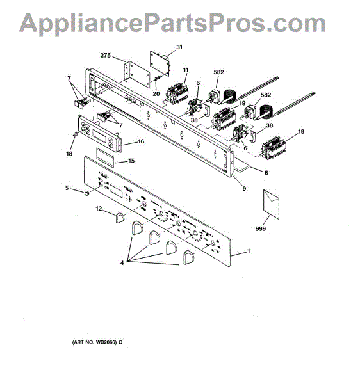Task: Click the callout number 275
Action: (106, 56)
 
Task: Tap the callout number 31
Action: (179, 47)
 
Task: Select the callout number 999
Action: (261, 228)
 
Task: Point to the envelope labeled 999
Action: (271, 204)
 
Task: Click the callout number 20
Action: (156, 93)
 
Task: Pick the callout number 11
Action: (186, 70)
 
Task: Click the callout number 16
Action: (141, 141)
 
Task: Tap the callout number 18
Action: (69, 154)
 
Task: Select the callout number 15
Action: (131, 161)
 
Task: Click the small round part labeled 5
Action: (86, 193)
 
